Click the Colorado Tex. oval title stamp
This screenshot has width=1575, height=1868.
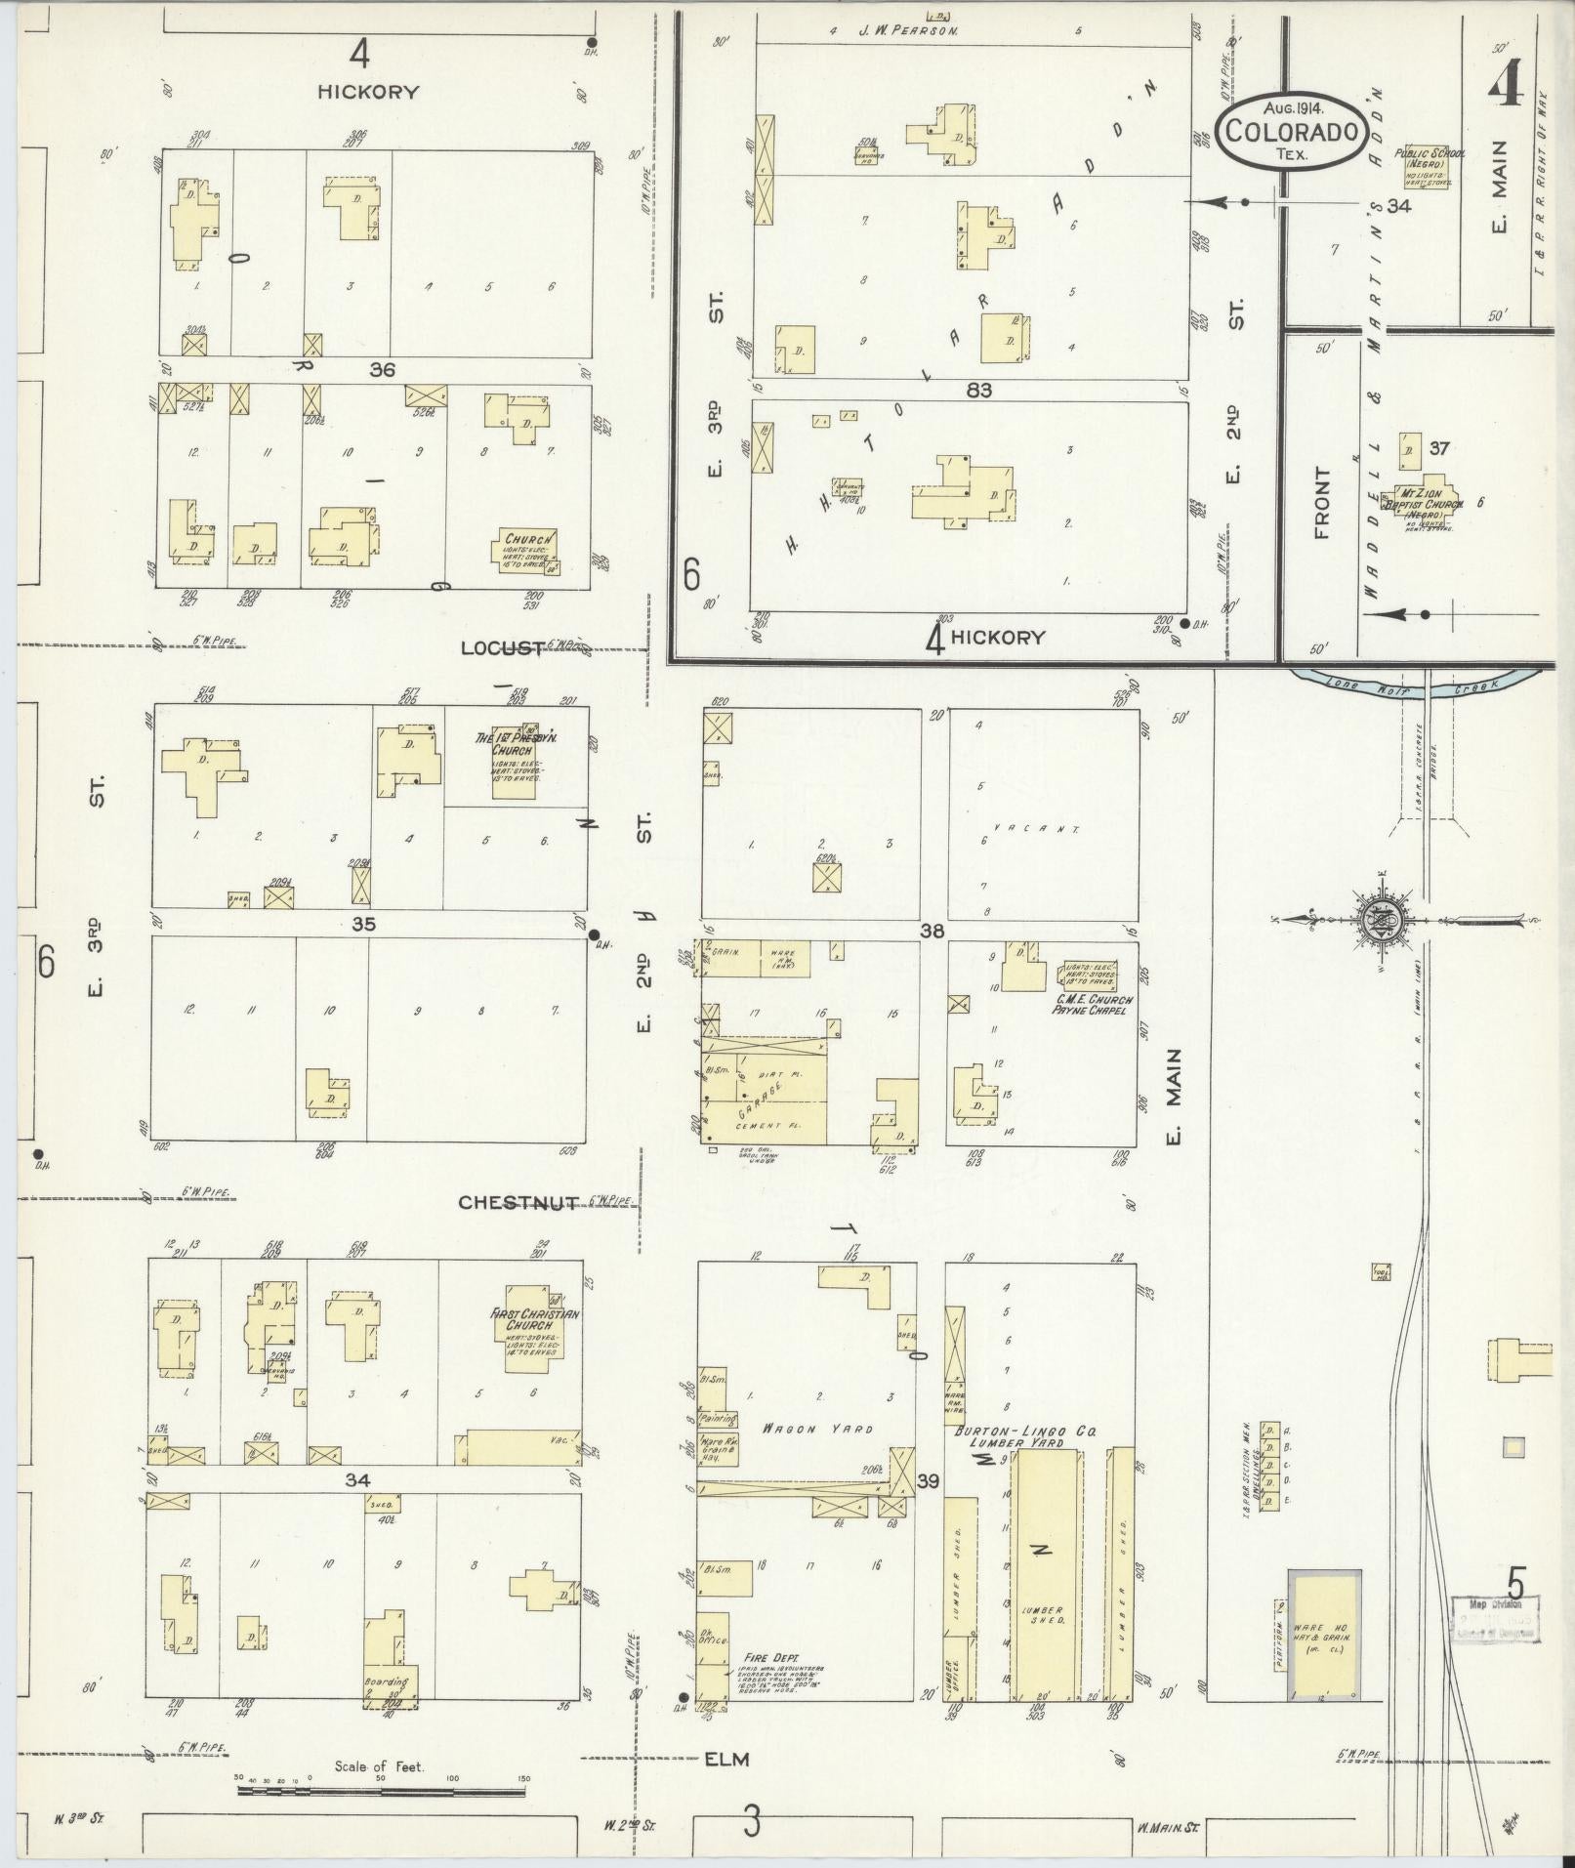pyautogui.click(x=1291, y=130)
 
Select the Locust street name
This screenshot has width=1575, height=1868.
pyautogui.click(x=502, y=647)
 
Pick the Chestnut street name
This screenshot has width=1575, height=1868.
pyautogui.click(x=519, y=1202)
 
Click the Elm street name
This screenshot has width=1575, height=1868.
pyautogui.click(x=726, y=1759)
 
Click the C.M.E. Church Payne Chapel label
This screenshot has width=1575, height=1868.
pyautogui.click(x=1092, y=1004)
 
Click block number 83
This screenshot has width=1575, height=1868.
pyautogui.click(x=979, y=390)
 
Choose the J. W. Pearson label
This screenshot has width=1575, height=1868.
pyautogui.click(x=908, y=30)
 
